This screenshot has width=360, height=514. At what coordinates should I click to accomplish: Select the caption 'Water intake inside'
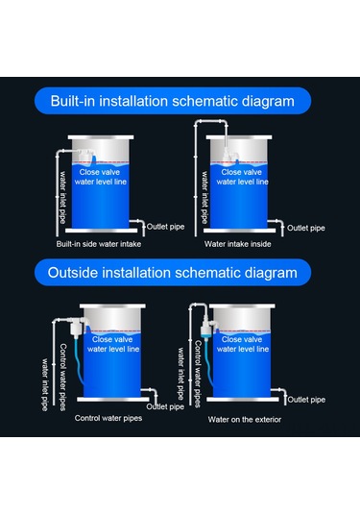[x=238, y=244]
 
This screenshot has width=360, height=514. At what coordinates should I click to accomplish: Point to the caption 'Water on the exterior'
[x=247, y=419]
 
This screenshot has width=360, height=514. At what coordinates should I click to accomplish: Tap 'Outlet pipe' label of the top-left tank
[x=167, y=228]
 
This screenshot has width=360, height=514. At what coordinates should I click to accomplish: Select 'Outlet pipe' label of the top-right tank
[x=304, y=228]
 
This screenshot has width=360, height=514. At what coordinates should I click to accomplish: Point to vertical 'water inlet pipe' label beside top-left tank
[x=64, y=198]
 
